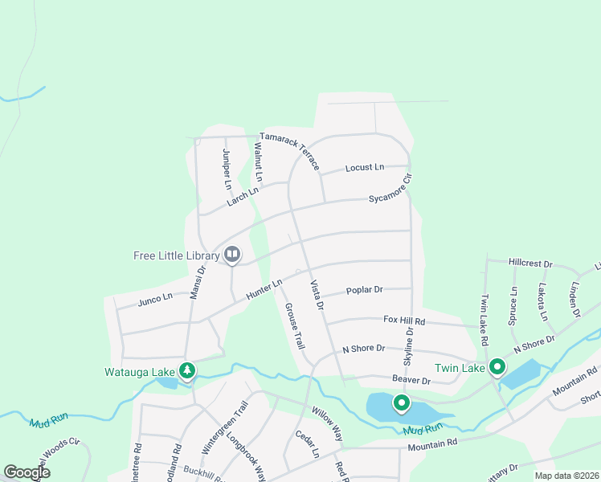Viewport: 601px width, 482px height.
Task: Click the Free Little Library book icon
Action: click(x=232, y=255)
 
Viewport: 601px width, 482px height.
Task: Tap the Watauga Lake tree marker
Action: click(x=187, y=370)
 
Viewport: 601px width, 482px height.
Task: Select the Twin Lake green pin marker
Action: click(x=497, y=367)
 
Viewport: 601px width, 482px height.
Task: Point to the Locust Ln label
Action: click(x=365, y=167)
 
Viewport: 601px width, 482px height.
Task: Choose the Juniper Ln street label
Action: click(x=227, y=170)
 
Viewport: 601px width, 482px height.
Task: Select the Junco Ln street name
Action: click(x=155, y=298)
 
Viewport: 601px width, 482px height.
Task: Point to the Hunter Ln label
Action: click(x=264, y=290)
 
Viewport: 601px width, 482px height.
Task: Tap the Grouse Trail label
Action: click(x=293, y=325)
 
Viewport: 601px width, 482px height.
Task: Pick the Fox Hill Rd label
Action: click(x=403, y=320)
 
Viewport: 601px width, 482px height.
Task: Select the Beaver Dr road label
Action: click(x=412, y=378)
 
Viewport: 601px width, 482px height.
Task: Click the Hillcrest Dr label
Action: click(x=531, y=263)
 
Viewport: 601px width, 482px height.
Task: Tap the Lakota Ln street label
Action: click(x=543, y=301)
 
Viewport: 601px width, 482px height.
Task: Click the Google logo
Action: click(x=27, y=472)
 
